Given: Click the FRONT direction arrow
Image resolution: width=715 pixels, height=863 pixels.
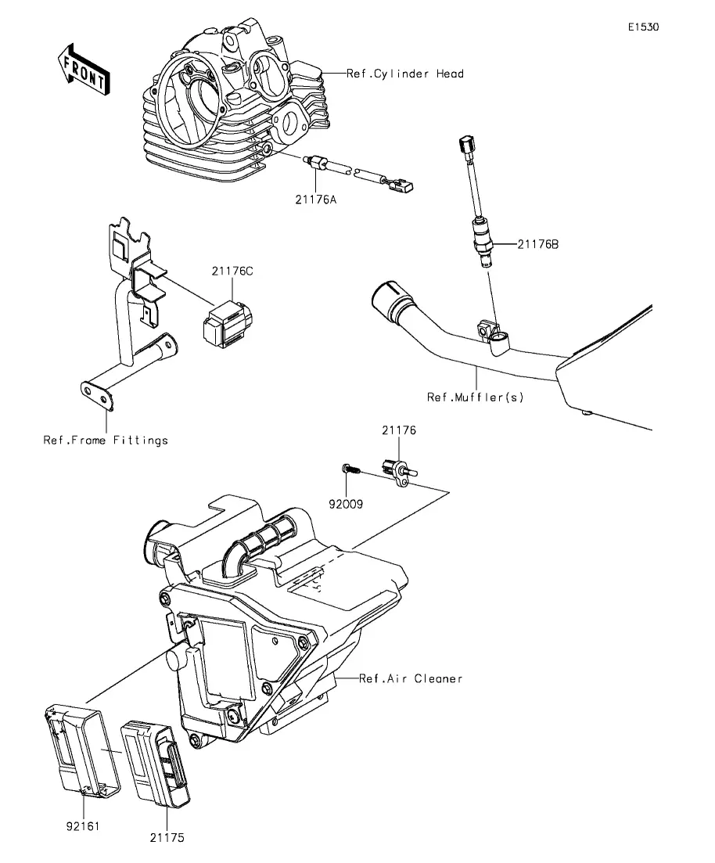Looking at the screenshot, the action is point(83,70).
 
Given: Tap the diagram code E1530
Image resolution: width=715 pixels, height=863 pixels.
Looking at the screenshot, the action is point(644,27).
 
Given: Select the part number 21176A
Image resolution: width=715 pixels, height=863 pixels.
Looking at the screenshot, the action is point(315,200).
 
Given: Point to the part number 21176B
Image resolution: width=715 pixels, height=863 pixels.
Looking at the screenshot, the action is point(537,244).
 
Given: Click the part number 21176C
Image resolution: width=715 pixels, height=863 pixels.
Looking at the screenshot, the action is point(232,271).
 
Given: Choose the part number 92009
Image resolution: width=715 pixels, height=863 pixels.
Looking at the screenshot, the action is point(346,504).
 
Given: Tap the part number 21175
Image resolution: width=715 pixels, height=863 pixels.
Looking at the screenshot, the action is point(167,838).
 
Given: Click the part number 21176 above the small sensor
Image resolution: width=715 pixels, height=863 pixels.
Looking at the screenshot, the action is point(399,430).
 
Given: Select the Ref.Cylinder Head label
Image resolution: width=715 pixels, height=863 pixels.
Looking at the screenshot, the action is point(405,74).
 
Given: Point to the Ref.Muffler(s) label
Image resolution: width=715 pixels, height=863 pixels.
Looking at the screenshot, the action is point(475,397).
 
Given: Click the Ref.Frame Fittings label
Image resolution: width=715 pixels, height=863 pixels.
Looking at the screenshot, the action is point(106,440).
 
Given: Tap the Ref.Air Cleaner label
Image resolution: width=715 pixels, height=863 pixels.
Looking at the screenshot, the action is point(411,678).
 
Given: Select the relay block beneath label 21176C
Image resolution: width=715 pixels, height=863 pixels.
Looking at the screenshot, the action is point(228,325).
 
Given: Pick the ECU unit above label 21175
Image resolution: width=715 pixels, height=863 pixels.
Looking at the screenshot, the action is point(156,763).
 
